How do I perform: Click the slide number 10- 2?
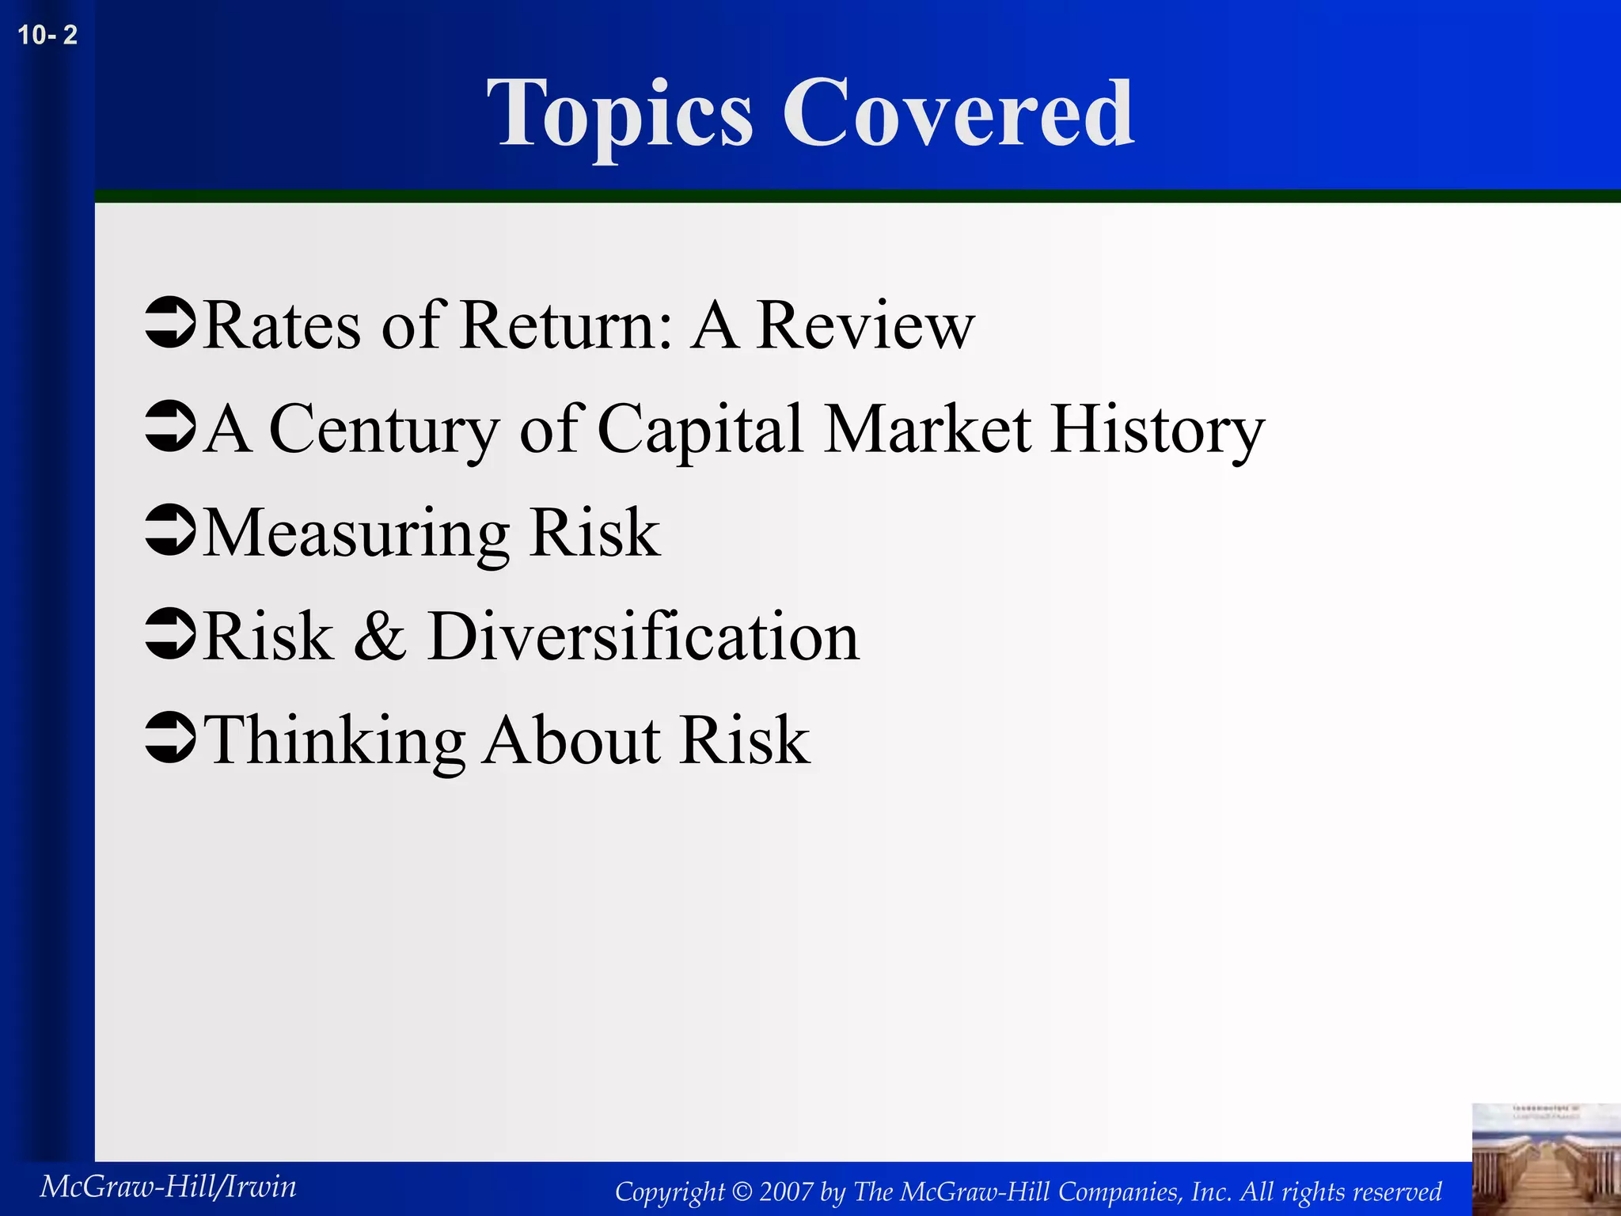(x=47, y=36)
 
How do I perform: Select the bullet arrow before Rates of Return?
(x=170, y=323)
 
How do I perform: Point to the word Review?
(x=865, y=325)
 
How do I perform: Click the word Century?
(x=385, y=429)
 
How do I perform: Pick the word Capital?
(x=701, y=429)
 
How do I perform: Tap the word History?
(x=1157, y=429)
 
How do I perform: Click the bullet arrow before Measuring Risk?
(x=170, y=530)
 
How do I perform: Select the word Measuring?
(x=356, y=534)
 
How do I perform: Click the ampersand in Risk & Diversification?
(x=380, y=636)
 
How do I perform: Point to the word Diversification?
(x=643, y=636)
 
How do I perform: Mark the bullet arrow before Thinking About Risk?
(x=170, y=738)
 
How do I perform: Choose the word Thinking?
(x=335, y=740)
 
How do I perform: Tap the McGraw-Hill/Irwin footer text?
(x=169, y=1187)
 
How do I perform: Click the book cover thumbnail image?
(x=1546, y=1160)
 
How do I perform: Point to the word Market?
(x=928, y=429)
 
